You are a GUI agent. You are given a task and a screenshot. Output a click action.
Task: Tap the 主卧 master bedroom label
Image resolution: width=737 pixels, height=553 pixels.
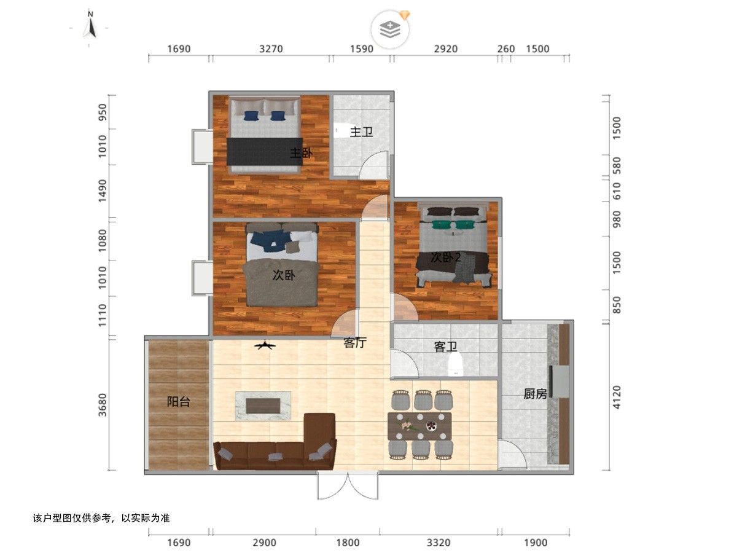[x=301, y=154]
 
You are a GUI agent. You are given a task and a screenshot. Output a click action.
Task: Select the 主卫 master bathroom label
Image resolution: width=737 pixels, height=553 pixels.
[x=361, y=132]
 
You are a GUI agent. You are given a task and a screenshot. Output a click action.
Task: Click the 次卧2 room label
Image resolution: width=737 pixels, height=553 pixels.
[x=445, y=257]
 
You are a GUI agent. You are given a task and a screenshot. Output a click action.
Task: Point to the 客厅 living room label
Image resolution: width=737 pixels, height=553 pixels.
[x=355, y=342]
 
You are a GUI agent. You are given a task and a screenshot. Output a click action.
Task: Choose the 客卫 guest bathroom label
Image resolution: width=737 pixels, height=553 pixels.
[x=445, y=347]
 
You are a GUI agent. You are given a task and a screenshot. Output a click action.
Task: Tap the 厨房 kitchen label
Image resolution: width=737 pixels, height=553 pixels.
[x=535, y=394]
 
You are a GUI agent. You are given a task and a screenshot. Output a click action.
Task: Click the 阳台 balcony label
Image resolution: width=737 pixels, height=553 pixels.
[x=179, y=402]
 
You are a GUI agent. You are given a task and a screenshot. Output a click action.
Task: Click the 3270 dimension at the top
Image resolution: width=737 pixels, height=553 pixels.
[x=271, y=49]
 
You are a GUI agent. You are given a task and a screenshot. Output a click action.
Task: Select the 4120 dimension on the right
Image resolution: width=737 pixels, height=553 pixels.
[x=617, y=397]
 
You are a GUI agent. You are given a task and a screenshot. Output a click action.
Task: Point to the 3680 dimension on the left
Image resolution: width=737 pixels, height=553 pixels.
[x=103, y=405]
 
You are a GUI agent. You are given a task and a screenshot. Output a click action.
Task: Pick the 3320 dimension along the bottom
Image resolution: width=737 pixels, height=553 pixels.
[x=439, y=543]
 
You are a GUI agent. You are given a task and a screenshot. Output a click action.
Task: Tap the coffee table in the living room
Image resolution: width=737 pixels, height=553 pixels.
[x=263, y=406]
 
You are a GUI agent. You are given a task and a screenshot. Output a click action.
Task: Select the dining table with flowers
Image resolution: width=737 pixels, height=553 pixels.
[x=419, y=426]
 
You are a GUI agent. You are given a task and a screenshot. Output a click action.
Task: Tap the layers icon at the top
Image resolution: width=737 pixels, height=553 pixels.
[x=390, y=29]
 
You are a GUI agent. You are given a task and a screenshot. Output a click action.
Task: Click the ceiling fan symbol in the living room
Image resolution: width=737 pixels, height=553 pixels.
[x=265, y=345]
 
